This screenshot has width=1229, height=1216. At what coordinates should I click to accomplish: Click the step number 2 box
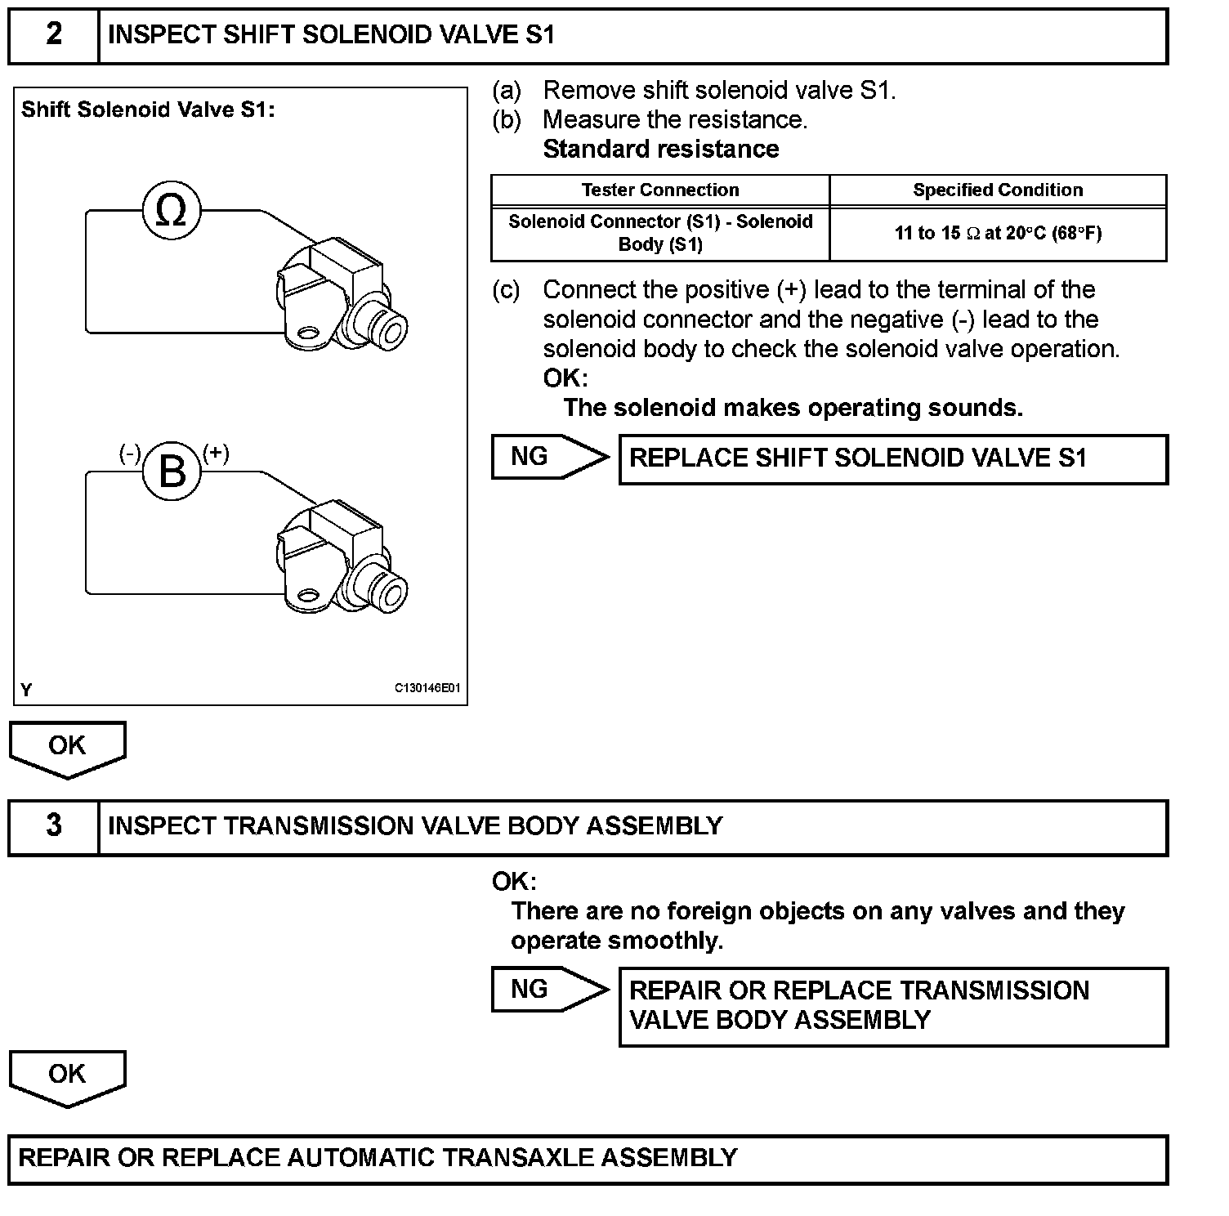(54, 36)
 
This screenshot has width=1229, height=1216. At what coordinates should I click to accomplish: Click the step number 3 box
(54, 827)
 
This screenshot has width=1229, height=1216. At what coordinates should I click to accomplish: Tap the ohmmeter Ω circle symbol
(171, 211)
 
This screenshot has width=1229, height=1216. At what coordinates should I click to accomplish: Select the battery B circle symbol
(172, 472)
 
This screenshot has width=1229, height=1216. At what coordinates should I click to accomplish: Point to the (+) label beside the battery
(216, 453)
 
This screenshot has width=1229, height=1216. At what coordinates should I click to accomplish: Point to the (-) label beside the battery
(130, 454)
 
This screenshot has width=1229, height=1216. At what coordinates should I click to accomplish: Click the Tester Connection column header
(660, 190)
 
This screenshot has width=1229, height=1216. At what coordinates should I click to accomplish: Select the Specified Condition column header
(998, 190)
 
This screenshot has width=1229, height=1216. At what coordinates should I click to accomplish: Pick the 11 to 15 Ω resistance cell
(998, 234)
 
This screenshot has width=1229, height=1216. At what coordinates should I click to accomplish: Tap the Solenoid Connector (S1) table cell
(660, 233)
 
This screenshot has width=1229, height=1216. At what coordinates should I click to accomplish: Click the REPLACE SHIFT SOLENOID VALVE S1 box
(893, 459)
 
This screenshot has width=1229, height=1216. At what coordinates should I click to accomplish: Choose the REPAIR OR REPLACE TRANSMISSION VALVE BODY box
(893, 1006)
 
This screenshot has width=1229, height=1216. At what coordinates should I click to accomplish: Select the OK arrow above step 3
(67, 747)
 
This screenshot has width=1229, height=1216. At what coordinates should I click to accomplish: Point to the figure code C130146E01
(427, 688)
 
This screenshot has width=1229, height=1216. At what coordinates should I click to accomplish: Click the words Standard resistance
(661, 150)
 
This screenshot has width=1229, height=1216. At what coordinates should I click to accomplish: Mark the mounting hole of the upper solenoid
(308, 333)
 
